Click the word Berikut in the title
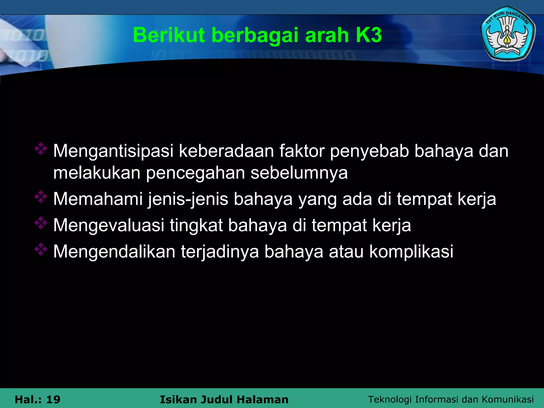coord(169,35)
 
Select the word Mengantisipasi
coord(113,151)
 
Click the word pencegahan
coord(195,173)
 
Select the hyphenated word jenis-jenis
coord(188,199)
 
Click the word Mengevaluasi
coord(109,225)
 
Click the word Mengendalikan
coord(114,251)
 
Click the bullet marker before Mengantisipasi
coord(41,149)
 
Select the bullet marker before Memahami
coord(41,197)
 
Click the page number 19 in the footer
coord(53,399)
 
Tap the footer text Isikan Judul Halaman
coord(224,399)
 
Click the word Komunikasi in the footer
coord(508,399)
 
